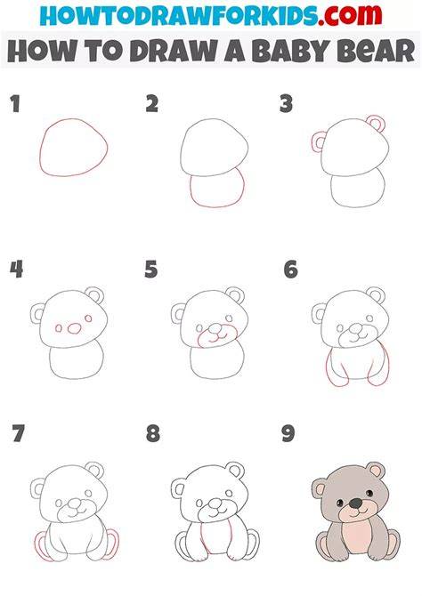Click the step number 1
(x=15, y=104)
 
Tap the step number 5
(x=151, y=270)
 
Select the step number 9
(x=288, y=433)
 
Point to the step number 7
(x=19, y=433)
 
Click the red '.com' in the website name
(x=350, y=15)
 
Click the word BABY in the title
(x=290, y=50)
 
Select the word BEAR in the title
(x=377, y=50)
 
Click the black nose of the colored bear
(x=356, y=503)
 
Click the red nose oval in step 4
(x=74, y=328)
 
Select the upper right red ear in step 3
(x=376, y=116)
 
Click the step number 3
(x=286, y=104)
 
